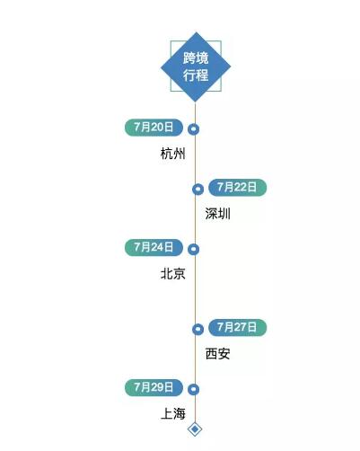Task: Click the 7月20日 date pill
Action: coord(154,128)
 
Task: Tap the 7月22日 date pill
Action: coord(237,188)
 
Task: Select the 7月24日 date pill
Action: coord(154,247)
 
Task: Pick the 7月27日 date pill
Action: coord(237,327)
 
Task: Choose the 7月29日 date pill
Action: coord(154,387)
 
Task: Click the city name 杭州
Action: coord(173,154)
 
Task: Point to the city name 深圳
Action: coord(218,214)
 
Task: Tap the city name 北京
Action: coord(173,274)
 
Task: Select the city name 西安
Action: coord(218,354)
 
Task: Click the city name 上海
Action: coord(173,413)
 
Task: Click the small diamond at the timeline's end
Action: coord(195,429)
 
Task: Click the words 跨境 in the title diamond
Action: coord(196,58)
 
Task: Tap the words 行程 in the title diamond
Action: coord(196,75)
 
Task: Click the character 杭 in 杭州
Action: coord(167,154)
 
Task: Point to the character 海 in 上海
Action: coord(180,413)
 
